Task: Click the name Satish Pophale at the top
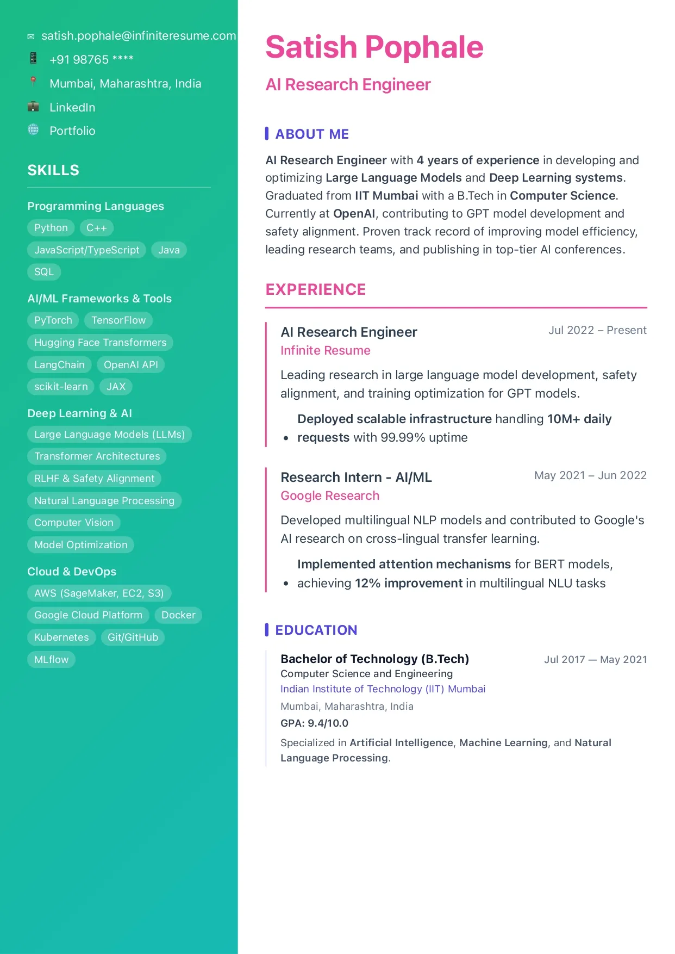pos(374,47)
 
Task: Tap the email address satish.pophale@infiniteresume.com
pos(139,36)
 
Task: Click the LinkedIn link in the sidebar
pos(72,108)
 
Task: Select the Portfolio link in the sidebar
pos(72,131)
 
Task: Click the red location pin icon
pos(33,82)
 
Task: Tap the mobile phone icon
pos(33,58)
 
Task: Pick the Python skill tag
pos(51,228)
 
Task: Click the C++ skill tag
pos(97,228)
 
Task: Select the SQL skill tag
pos(44,272)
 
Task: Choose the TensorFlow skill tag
pos(118,320)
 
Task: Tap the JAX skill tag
pos(116,387)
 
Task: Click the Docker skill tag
pos(178,615)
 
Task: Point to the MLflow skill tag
pos(52,660)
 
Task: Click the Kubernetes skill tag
pos(61,637)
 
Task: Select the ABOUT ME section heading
pos(312,134)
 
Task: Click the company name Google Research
pos(330,496)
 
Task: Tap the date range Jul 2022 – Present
pos(597,331)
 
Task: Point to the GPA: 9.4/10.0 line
pos(314,723)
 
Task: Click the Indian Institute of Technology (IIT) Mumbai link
pos(383,689)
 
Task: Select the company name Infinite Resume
pos(326,351)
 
